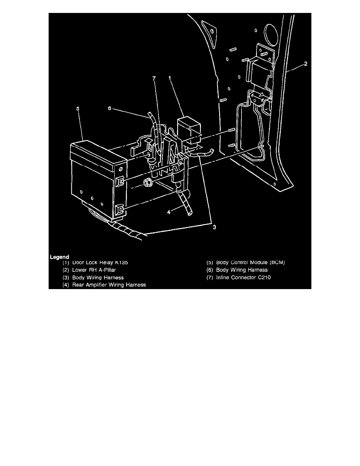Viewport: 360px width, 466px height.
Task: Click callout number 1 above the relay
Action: (170, 78)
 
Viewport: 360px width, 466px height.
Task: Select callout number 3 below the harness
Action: (214, 227)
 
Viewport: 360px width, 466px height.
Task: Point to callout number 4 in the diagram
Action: (169, 212)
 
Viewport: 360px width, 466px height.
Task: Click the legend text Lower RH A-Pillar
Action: (94, 270)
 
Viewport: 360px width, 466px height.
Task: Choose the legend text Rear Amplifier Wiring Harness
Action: (109, 285)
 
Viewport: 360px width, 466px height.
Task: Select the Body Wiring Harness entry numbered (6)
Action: (242, 270)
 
